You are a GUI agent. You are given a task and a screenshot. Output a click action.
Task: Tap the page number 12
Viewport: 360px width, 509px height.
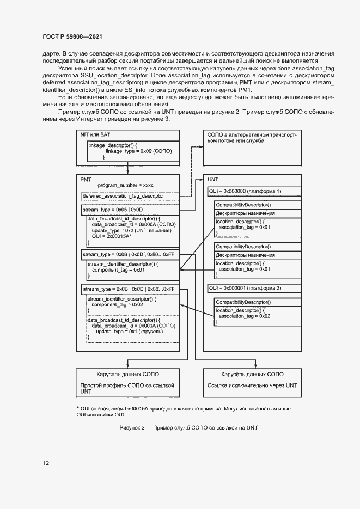click(46, 463)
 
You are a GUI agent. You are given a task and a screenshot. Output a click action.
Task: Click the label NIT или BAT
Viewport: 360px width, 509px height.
click(95, 134)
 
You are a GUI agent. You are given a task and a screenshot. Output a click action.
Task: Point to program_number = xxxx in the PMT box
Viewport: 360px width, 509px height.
click(125, 185)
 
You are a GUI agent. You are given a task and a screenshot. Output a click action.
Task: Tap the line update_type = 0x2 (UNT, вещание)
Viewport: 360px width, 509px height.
click(131, 230)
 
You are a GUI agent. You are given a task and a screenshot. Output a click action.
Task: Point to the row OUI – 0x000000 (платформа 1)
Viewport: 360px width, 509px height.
click(245, 192)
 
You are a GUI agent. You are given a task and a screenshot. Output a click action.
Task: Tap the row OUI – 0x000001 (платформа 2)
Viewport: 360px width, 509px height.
click(245, 287)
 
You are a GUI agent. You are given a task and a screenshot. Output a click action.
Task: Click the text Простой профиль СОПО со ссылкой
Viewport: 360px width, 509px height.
click(127, 385)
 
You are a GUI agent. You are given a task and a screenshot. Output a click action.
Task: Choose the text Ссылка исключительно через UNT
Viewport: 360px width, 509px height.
click(252, 385)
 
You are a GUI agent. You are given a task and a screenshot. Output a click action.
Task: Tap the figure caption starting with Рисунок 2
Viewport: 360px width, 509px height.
click(188, 428)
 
